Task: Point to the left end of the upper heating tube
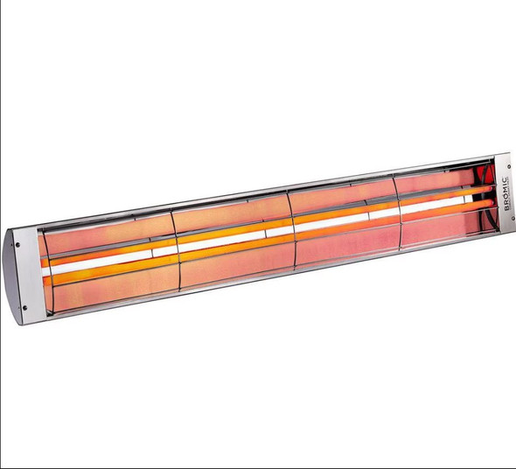click(45, 260)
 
